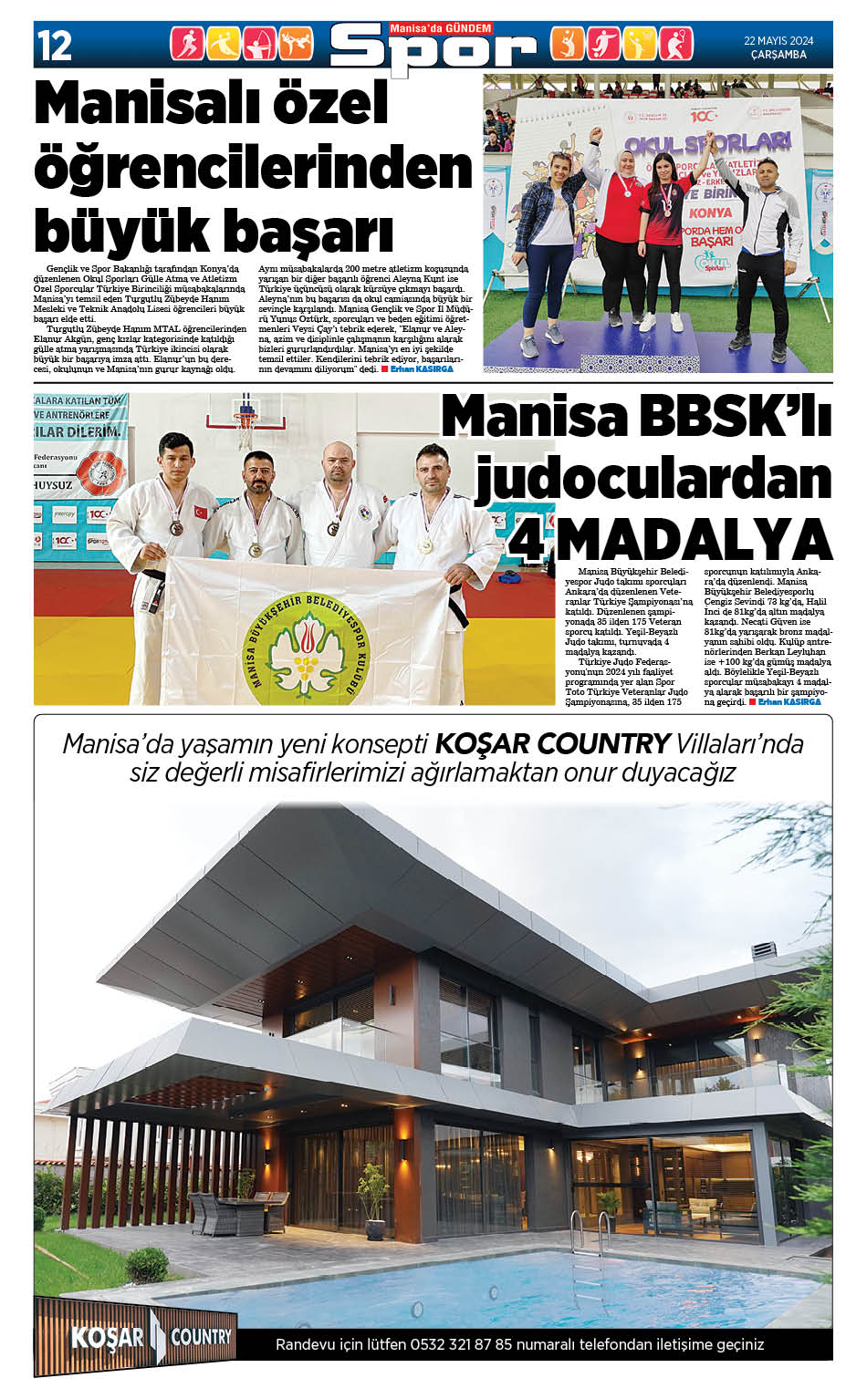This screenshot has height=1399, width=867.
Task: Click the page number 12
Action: [55, 45]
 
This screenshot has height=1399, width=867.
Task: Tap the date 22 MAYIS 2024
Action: [778, 40]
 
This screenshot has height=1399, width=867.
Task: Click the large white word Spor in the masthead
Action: [433, 52]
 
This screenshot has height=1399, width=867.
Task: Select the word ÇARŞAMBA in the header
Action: [778, 55]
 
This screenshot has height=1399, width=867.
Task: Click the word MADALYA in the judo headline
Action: [694, 539]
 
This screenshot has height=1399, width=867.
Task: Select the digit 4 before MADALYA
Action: [527, 539]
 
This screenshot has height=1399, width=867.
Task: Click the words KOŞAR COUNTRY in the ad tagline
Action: [552, 743]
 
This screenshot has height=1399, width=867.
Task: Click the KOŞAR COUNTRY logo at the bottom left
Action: [151, 1338]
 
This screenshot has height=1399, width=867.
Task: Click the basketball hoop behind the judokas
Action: [244, 420]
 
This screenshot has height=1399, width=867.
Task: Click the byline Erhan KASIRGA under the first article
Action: [422, 369]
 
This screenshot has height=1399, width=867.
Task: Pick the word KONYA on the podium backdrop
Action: [712, 212]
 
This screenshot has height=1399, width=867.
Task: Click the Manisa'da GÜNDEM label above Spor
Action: [441, 28]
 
